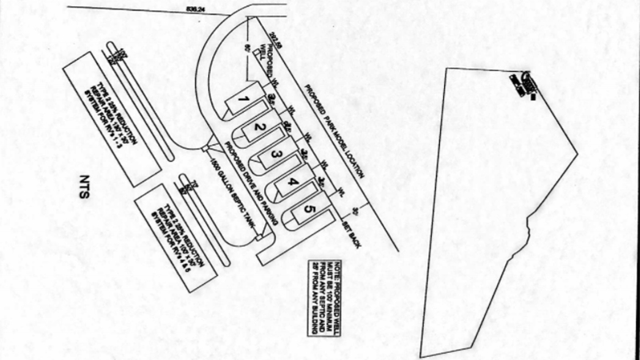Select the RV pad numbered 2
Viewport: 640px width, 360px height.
pyautogui.click(x=258, y=127)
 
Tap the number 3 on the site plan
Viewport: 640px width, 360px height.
pyautogui.click(x=275, y=154)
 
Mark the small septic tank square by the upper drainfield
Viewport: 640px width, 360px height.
pyautogui.click(x=206, y=147)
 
